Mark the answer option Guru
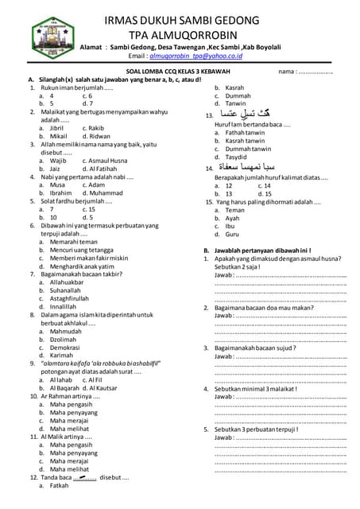coord(232,235)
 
